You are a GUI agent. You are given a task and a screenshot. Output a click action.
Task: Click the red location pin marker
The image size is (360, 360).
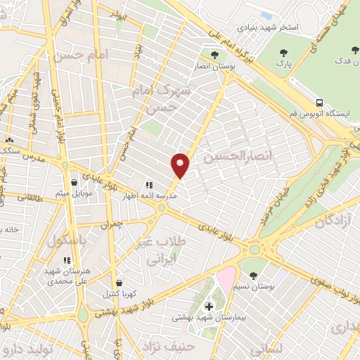click(x=181, y=165)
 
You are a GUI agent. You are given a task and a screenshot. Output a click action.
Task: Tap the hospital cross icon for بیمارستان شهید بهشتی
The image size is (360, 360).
click(x=208, y=307)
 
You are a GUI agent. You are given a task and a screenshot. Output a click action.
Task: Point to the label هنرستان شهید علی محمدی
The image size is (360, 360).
click(x=66, y=276)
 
